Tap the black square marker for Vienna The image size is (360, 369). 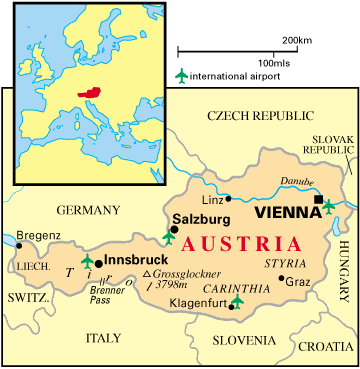(x=319, y=200)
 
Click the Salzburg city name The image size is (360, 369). (x=200, y=217)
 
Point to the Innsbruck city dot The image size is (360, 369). (x=98, y=262)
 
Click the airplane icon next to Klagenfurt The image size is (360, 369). (x=237, y=301)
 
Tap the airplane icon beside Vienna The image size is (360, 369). (x=329, y=207)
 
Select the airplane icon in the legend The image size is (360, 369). (x=181, y=76)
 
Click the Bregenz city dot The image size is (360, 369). (x=18, y=244)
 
